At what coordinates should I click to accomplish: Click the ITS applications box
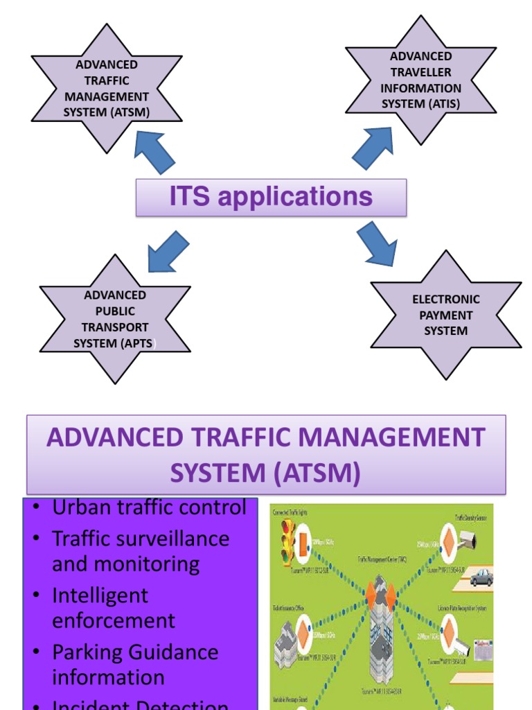[271, 197]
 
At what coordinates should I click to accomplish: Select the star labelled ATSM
[107, 89]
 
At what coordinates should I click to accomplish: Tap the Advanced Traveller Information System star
[420, 80]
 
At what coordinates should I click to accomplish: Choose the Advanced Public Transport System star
[115, 319]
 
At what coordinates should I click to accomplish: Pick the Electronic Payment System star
[445, 315]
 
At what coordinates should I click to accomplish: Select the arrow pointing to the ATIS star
[374, 148]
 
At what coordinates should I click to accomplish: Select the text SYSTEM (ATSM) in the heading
[265, 474]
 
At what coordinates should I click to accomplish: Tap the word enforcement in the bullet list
[114, 621]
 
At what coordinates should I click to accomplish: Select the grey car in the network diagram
[481, 578]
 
